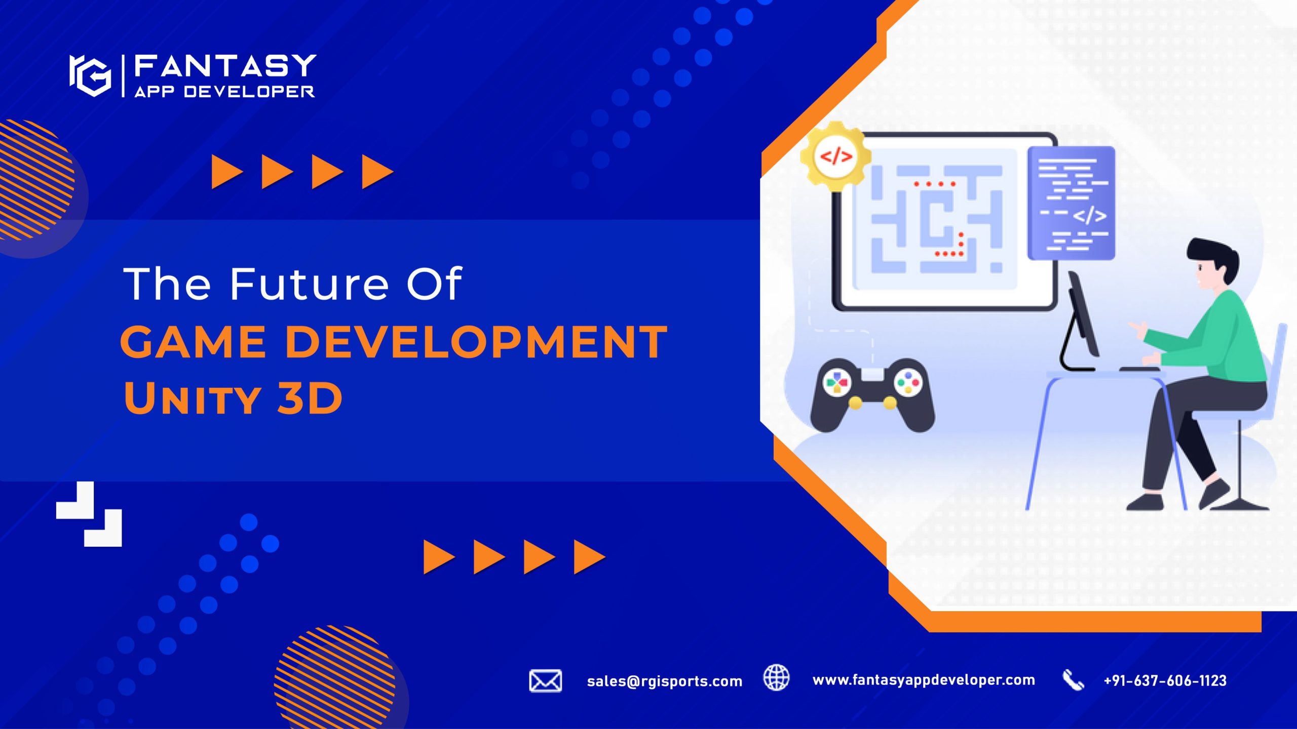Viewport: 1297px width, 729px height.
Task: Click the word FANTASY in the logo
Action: click(x=225, y=66)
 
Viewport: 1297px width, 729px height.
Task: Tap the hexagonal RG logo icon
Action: click(x=90, y=75)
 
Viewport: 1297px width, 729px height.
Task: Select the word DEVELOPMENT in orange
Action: click(x=477, y=342)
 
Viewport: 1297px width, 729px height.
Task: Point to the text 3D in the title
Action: click(x=310, y=398)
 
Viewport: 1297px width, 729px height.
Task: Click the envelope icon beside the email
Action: click(x=545, y=680)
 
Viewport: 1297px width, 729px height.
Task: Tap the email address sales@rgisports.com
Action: click(x=665, y=681)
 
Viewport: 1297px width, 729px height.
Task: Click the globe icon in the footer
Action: click(x=776, y=677)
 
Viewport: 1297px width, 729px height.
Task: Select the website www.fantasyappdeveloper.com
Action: click(x=924, y=680)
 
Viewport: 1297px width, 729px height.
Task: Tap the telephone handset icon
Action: click(x=1073, y=680)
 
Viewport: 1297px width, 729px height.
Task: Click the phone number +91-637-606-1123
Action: click(x=1165, y=681)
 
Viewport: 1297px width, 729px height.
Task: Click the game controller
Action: click(x=872, y=394)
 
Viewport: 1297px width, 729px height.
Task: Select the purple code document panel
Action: click(x=1072, y=203)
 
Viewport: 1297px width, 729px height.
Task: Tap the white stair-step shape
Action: click(x=89, y=514)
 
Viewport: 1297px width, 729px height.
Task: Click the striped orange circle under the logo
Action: click(x=35, y=180)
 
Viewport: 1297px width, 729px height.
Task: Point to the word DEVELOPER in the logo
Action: click(x=249, y=91)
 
